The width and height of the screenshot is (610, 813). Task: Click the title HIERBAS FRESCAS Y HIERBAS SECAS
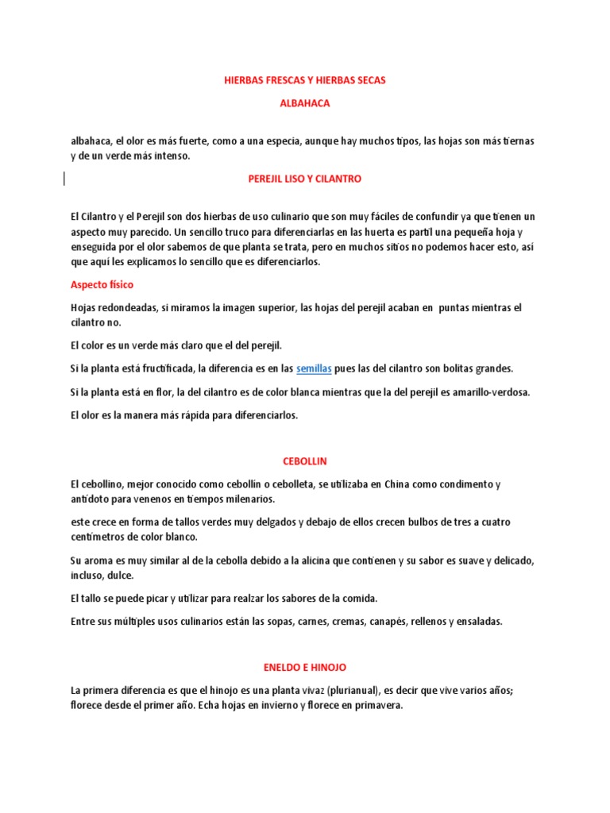[x=305, y=81]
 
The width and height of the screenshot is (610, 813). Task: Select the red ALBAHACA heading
[x=305, y=104]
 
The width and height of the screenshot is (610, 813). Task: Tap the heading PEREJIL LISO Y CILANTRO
[x=305, y=179]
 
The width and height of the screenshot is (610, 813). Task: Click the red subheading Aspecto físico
[x=102, y=284]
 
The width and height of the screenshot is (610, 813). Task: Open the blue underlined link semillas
[x=314, y=368]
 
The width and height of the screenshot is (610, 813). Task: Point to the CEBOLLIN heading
[x=305, y=461]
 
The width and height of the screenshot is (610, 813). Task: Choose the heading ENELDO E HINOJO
[x=305, y=668]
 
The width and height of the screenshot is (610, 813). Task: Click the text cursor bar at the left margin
[x=64, y=179]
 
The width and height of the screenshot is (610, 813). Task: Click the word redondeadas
[x=131, y=307]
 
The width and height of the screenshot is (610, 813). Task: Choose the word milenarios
[x=247, y=499]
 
